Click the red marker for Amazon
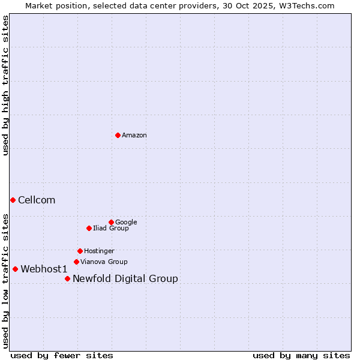click(x=118, y=135)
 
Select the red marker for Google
click(x=111, y=222)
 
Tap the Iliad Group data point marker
click(x=89, y=228)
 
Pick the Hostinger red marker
click(x=80, y=251)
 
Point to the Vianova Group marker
click(x=76, y=262)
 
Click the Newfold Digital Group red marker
click(x=67, y=278)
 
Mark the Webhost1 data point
click(x=15, y=269)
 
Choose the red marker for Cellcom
click(x=13, y=200)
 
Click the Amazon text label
click(x=134, y=136)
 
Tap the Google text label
click(x=126, y=222)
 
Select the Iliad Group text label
click(x=111, y=228)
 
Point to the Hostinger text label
click(x=99, y=251)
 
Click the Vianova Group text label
click(x=104, y=262)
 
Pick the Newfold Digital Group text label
click(x=125, y=278)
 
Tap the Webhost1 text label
click(x=44, y=269)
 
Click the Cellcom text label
click(x=37, y=200)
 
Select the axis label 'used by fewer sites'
click(x=62, y=355)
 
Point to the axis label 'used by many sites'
click(x=301, y=355)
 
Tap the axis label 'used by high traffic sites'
click(x=5, y=85)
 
